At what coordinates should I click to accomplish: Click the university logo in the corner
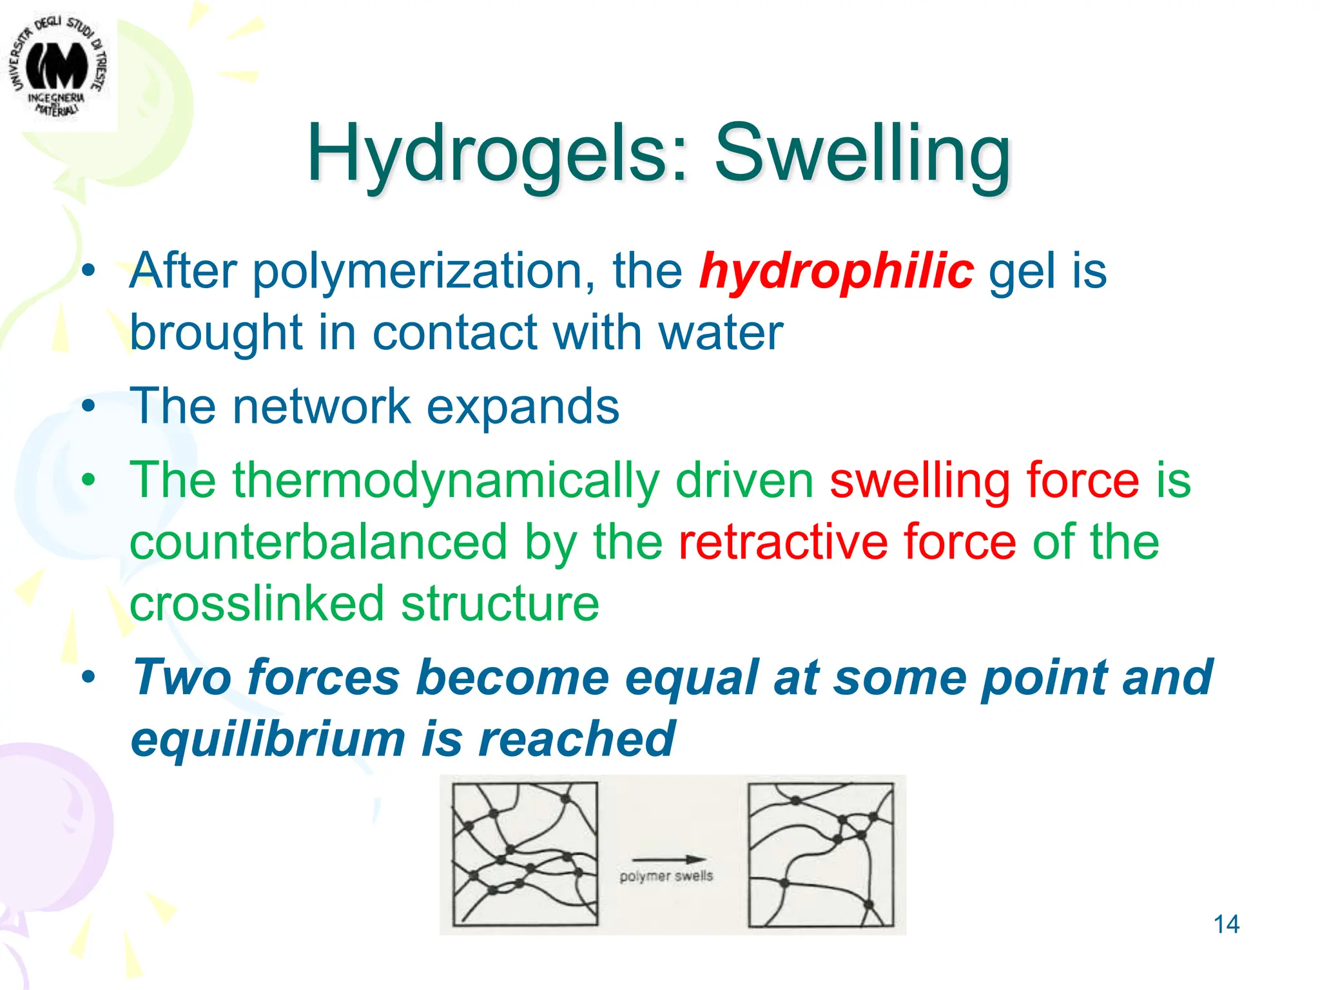coord(57,68)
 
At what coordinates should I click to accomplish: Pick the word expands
coord(523,407)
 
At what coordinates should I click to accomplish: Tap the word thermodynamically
coord(446,481)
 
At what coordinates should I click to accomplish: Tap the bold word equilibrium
coord(267,739)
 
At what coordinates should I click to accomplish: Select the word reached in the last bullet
coord(576,739)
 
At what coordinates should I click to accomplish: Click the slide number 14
coord(1226,924)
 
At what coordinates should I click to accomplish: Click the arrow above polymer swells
coord(668,859)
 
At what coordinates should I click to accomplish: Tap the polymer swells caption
coord(666,876)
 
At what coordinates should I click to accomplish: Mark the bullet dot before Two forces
coord(88,677)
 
